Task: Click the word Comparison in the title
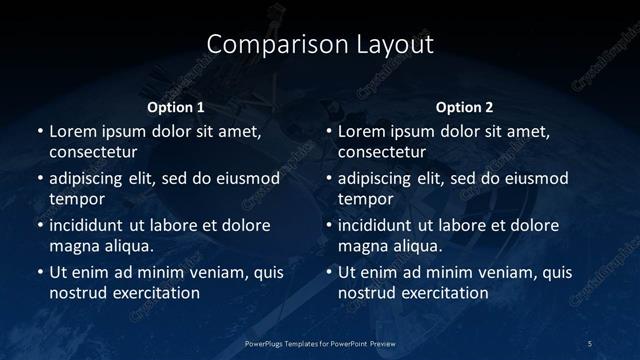pyautogui.click(x=266, y=45)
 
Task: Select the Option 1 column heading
pyautogui.click(x=176, y=107)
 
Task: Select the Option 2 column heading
pyautogui.click(x=465, y=107)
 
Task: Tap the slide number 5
pyautogui.click(x=590, y=343)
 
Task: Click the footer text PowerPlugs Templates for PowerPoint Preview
pyautogui.click(x=320, y=343)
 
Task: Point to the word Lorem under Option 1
pyautogui.click(x=74, y=131)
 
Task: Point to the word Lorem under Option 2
pyautogui.click(x=363, y=131)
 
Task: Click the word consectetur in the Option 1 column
pyautogui.click(x=92, y=152)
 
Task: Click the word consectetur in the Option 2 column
pyautogui.click(x=381, y=152)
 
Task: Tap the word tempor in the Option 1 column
pyautogui.click(x=73, y=199)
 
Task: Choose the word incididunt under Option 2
pyautogui.click(x=375, y=224)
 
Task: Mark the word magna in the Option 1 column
pyautogui.click(x=73, y=245)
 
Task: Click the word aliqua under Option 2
pyautogui.click(x=418, y=245)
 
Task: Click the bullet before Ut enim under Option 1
pyautogui.click(x=39, y=272)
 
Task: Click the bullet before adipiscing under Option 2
pyautogui.click(x=328, y=178)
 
